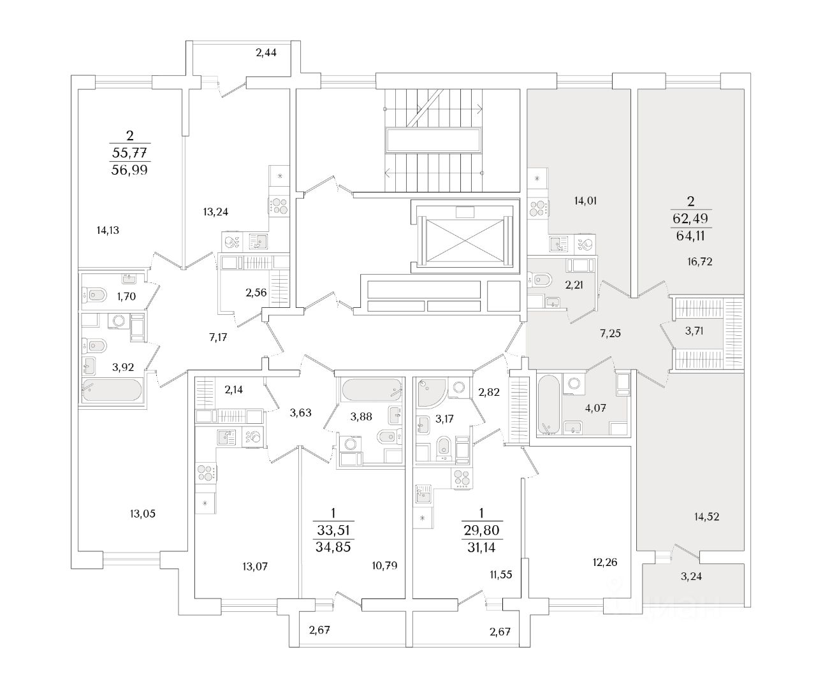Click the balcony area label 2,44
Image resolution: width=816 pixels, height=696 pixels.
266,53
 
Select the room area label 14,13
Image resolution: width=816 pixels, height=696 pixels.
108,231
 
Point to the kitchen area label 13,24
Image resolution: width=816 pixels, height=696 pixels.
215,212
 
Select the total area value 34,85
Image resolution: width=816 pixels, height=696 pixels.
333,546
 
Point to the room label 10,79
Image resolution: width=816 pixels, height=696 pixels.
385,565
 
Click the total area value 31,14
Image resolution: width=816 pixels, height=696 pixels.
481,546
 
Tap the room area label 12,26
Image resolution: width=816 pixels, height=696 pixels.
604,562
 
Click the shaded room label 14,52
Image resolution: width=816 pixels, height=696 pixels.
707,517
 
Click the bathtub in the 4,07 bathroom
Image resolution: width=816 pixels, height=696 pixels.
548,402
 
